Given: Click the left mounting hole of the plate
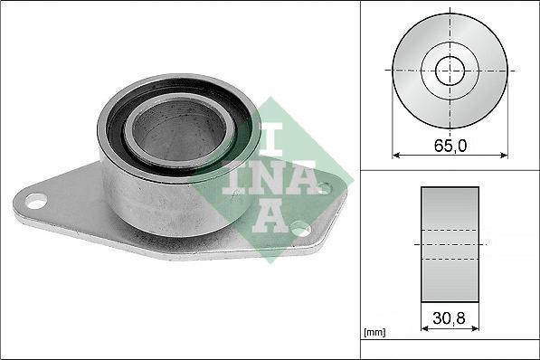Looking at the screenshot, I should point(36,202).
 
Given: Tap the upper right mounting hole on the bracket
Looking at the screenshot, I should point(324,188).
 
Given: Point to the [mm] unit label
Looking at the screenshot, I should point(374,333).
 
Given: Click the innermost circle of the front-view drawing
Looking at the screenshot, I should point(450,71).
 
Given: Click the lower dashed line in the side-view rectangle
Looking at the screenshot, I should point(450,261).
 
